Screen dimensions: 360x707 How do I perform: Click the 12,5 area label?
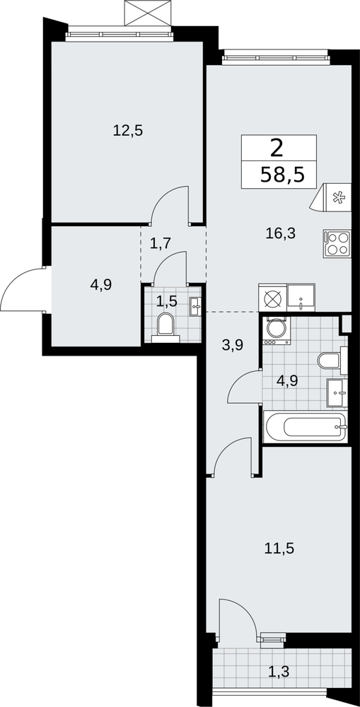[128, 131]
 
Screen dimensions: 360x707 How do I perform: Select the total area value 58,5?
[282, 174]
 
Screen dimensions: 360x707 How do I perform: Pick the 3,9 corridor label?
[233, 345]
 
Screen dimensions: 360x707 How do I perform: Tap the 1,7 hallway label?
[160, 243]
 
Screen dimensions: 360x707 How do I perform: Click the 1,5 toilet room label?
[166, 301]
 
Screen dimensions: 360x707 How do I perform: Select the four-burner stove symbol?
[337, 244]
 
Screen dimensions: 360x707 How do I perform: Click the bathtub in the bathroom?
[306, 426]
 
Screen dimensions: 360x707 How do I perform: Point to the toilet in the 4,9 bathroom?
[332, 361]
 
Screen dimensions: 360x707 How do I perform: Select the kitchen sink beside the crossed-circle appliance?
[301, 297]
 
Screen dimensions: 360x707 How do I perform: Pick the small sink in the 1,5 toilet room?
[196, 306]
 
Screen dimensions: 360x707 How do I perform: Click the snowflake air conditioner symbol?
[332, 197]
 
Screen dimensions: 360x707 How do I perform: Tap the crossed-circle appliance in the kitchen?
[272, 297]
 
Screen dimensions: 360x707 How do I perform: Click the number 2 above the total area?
[277, 148]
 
